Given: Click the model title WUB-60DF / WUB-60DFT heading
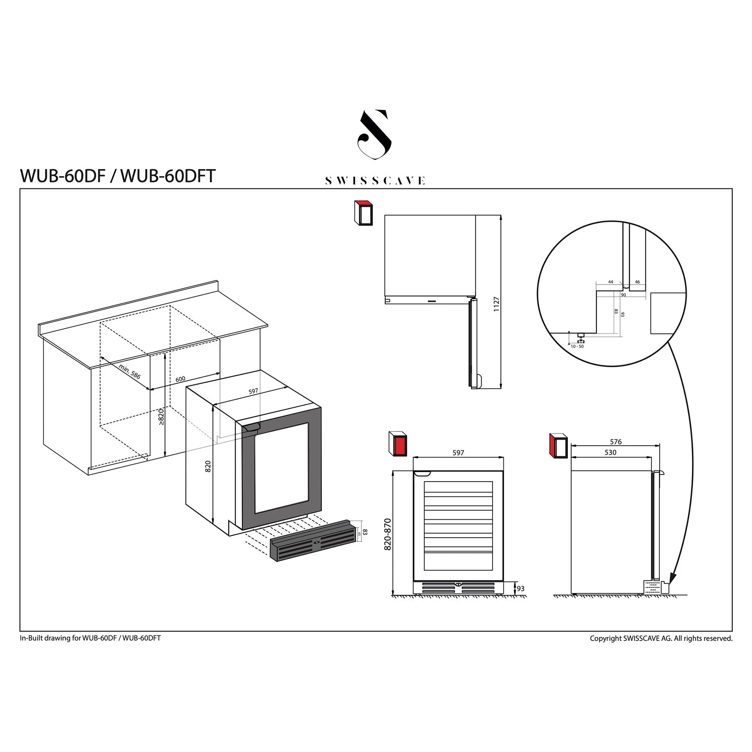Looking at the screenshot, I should (x=117, y=176).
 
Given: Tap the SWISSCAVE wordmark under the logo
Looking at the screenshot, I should (x=375, y=181).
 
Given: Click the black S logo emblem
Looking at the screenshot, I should (x=374, y=135).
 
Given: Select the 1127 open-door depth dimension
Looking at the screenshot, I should (x=496, y=304).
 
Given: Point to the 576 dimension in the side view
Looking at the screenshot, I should (x=615, y=442).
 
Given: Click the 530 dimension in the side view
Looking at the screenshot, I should (x=610, y=452).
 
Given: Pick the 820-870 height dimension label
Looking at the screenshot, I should (x=388, y=534).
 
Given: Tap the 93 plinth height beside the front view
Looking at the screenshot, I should (x=521, y=589).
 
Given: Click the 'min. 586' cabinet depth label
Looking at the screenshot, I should (x=130, y=371).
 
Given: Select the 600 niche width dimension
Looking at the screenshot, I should (x=180, y=379).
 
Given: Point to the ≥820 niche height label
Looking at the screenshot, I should (x=161, y=417).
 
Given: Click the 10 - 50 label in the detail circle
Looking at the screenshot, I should (x=577, y=346).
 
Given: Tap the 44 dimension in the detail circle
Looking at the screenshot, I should (x=610, y=282).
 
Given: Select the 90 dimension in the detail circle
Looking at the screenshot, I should (x=623, y=295).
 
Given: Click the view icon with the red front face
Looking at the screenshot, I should (x=398, y=444).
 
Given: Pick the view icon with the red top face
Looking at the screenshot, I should (x=363, y=213).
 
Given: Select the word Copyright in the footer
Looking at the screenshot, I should (x=605, y=638).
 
